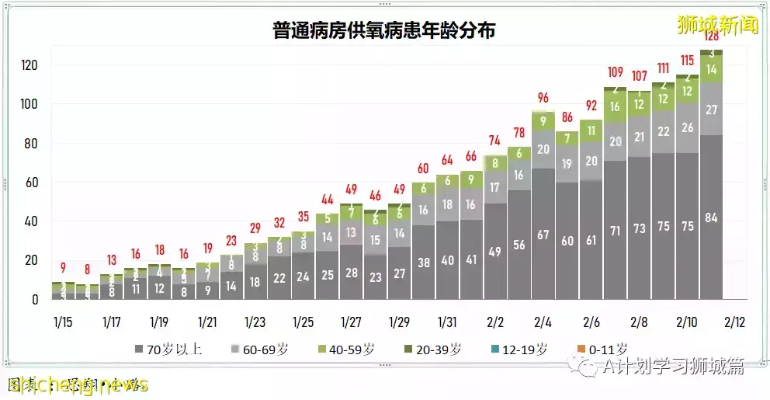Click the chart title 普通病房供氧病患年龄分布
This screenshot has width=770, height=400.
[x=384, y=31]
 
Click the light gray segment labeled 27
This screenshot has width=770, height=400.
[x=711, y=110]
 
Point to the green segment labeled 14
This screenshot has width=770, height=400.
[x=711, y=69]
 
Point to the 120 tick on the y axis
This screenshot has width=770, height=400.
[x=30, y=65]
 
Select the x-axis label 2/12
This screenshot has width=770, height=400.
[x=734, y=322]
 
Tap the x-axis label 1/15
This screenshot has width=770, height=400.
[x=64, y=322]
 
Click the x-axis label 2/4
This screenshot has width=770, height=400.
[x=543, y=322]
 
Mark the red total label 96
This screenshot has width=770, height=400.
[x=543, y=98]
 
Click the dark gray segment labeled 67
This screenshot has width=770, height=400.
[x=543, y=235]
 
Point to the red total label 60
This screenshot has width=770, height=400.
[x=422, y=169]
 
